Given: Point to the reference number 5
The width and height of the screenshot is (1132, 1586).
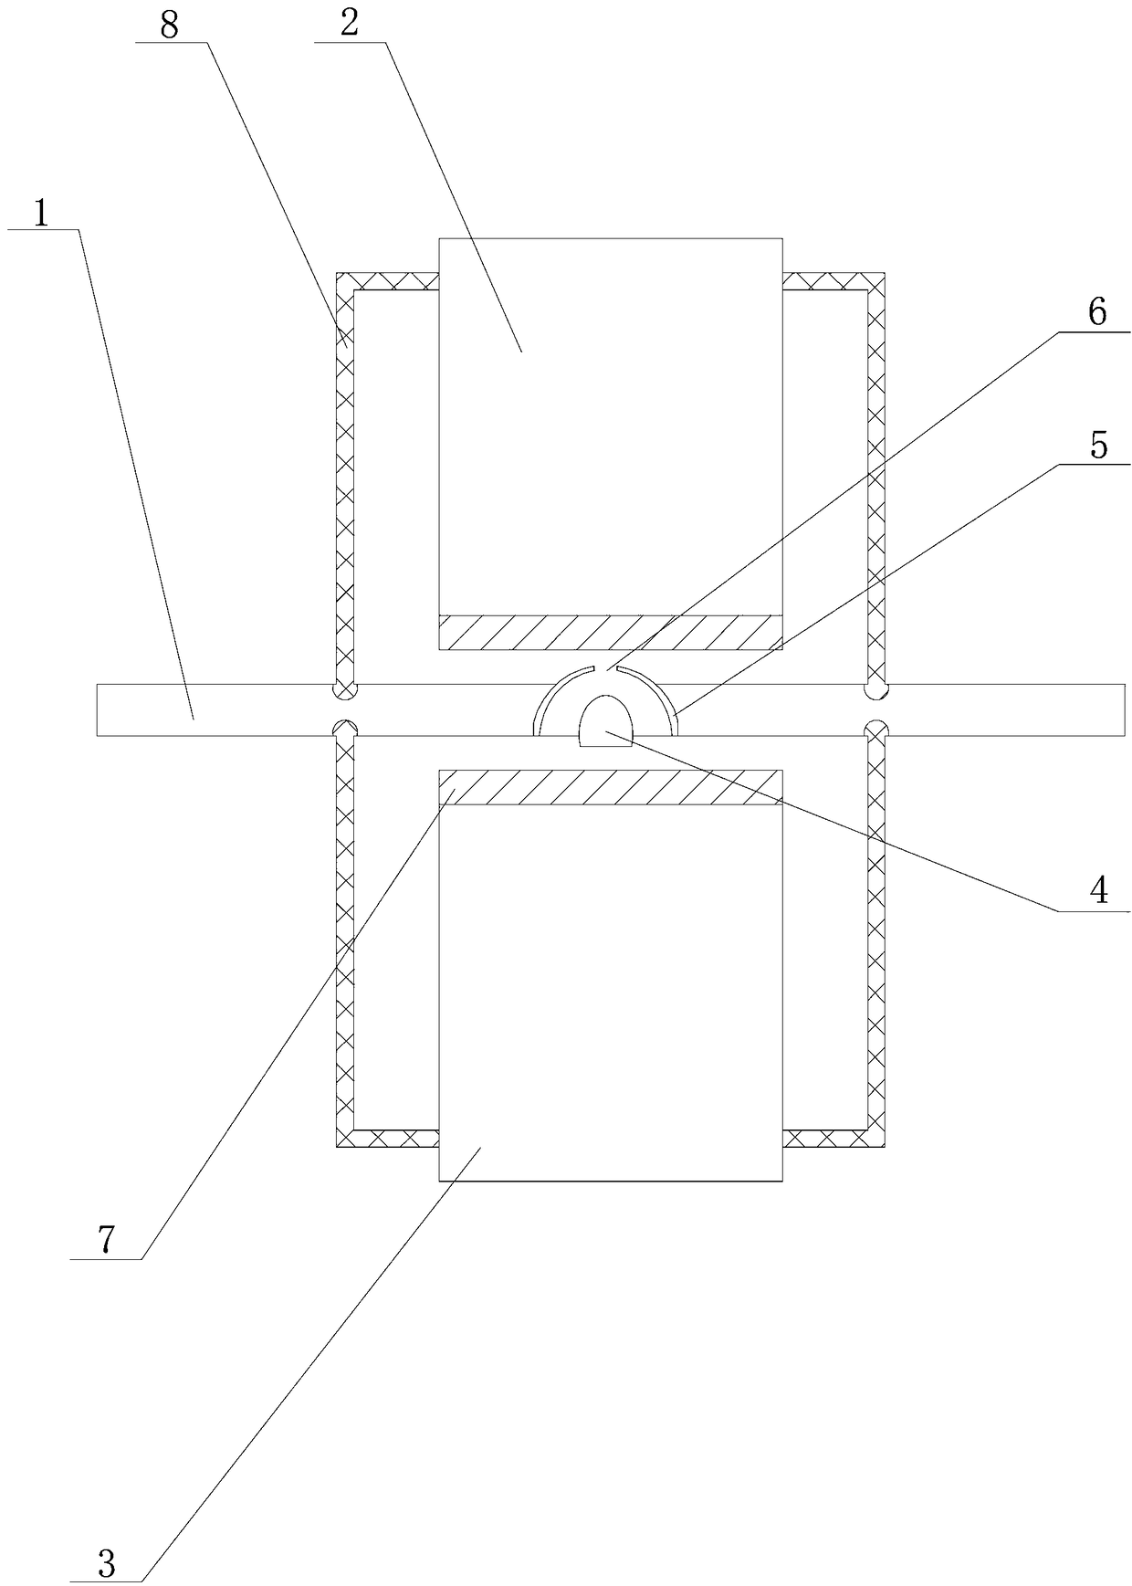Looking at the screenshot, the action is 1098,446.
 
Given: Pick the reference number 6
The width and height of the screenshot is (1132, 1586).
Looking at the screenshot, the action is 1096,312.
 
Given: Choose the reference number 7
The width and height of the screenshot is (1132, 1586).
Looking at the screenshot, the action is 106,1239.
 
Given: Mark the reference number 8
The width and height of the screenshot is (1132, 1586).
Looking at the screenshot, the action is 168,25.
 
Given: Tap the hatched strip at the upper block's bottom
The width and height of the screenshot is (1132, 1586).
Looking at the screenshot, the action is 611,632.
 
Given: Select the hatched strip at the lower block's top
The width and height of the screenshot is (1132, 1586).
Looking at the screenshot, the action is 611,787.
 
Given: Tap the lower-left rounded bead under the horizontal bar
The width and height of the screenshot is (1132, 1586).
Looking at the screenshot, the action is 343,729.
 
